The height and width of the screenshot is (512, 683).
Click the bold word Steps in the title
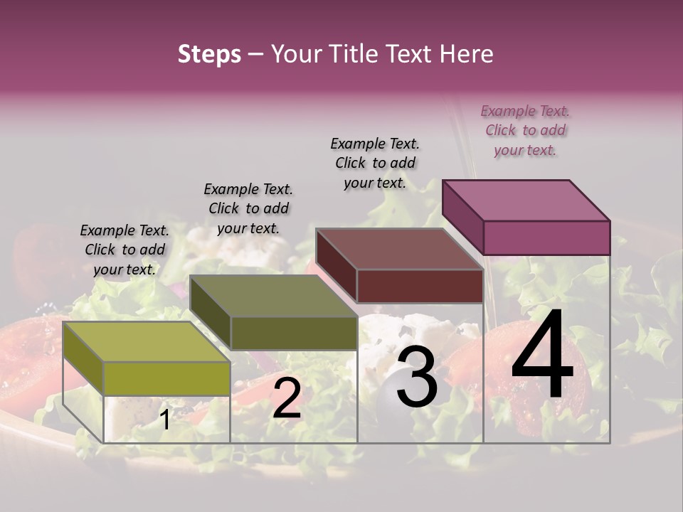click(x=209, y=54)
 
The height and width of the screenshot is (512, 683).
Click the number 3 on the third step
click(x=417, y=380)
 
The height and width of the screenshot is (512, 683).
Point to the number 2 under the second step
click(x=287, y=399)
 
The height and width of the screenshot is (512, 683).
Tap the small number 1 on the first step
click(x=164, y=420)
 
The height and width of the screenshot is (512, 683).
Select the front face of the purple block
click(x=546, y=238)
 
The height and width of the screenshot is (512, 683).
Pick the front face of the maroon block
click(x=420, y=287)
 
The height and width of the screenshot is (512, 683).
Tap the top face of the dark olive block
click(x=273, y=296)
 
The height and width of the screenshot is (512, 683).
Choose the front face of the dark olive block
click(x=294, y=333)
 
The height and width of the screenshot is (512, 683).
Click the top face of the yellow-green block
click(x=147, y=341)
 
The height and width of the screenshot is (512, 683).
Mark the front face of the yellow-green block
click(x=167, y=378)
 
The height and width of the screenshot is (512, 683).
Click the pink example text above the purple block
click(x=525, y=130)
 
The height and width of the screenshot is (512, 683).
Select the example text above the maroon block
click(x=375, y=163)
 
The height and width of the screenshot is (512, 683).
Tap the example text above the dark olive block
click(x=248, y=208)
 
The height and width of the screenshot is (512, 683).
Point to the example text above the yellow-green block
click(x=125, y=250)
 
